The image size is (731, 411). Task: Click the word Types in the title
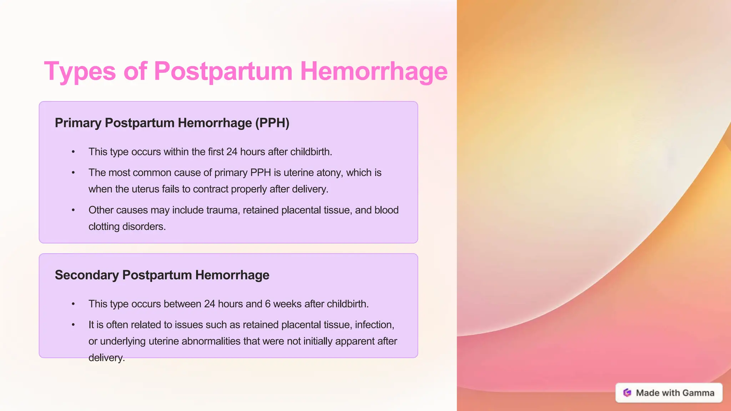[x=80, y=71]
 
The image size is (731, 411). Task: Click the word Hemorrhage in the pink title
[x=373, y=71]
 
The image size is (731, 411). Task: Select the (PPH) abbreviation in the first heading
[x=272, y=123]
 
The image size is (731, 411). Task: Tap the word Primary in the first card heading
[x=78, y=123]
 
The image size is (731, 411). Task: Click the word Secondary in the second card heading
[x=87, y=275]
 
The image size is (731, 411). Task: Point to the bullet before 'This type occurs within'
[x=73, y=152]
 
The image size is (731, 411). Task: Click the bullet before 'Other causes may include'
[x=73, y=210]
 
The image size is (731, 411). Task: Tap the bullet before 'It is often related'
[x=73, y=325]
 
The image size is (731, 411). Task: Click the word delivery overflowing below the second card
[x=106, y=357]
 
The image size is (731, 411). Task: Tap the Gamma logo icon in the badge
[x=627, y=393]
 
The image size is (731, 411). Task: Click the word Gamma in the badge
[x=699, y=393]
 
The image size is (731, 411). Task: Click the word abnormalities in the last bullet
[x=211, y=341]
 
